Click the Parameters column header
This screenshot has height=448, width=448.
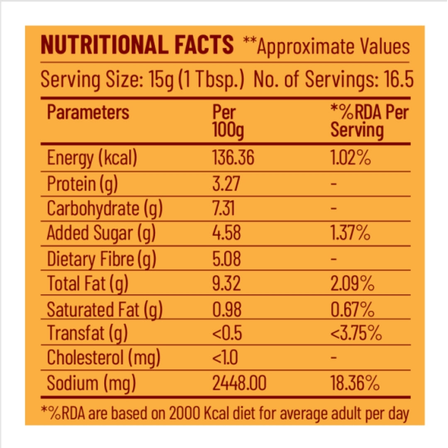[88, 112]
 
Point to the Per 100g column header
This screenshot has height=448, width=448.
[228, 122]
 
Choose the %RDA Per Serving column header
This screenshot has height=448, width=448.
[369, 122]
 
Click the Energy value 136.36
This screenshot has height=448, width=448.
[233, 158]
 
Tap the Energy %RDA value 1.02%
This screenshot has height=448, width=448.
[351, 158]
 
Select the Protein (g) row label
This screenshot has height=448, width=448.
[82, 184]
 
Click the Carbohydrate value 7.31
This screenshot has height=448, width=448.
[224, 208]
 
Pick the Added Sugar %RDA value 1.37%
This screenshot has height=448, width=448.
[351, 233]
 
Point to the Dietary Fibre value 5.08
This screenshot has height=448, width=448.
[226, 259]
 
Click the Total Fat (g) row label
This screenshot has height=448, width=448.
[88, 284]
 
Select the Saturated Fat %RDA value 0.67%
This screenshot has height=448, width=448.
[353, 309]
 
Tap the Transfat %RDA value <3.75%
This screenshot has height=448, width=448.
[356, 333]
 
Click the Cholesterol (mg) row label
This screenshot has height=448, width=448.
[103, 358]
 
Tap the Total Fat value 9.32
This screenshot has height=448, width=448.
[226, 284]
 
